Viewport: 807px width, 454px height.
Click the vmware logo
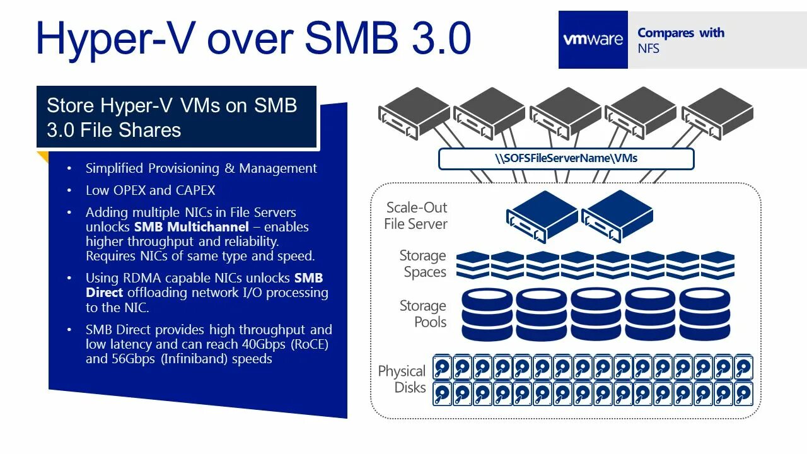pyautogui.click(x=593, y=40)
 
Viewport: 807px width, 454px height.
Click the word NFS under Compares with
pyautogui.click(x=648, y=49)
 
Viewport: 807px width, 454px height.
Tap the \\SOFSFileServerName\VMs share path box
pyautogui.click(x=566, y=158)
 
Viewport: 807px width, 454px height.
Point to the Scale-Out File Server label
pyautogui.click(x=416, y=216)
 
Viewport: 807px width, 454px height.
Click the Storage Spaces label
pyautogui.click(x=422, y=264)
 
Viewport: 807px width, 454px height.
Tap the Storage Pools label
pyautogui.click(x=422, y=314)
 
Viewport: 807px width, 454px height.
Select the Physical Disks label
pyautogui.click(x=402, y=379)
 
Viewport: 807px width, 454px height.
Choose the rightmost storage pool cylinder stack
pyautogui.click(x=705, y=315)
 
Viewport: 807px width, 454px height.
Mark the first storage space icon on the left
pyautogui.click(x=473, y=265)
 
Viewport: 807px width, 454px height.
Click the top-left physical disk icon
pyautogui.click(x=443, y=366)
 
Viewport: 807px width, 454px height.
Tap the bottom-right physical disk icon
pyautogui.click(x=744, y=393)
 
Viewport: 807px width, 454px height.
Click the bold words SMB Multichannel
pyautogui.click(x=191, y=227)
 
